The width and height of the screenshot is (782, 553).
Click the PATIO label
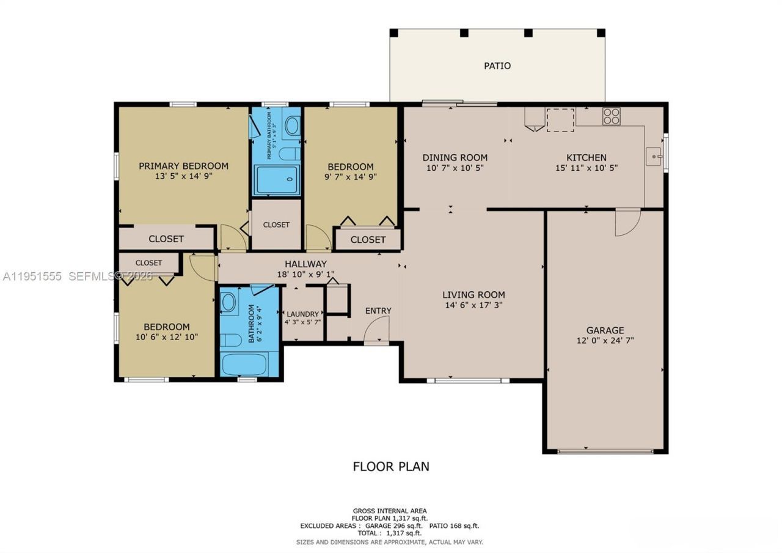click(x=497, y=65)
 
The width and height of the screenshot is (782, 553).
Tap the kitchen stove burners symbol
click(x=611, y=116)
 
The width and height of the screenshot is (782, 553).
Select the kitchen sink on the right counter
click(x=654, y=157)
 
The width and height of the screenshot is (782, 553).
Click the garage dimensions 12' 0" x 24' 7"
click(x=605, y=341)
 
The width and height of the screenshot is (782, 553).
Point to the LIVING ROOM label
click(x=473, y=294)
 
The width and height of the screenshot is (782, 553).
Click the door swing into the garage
click(x=627, y=222)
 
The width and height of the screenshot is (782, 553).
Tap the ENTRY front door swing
click(x=375, y=333)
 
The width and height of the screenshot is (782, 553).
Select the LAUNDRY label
click(x=302, y=314)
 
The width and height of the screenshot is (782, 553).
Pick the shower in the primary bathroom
click(x=276, y=179)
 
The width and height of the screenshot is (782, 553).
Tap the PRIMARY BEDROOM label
click(x=183, y=166)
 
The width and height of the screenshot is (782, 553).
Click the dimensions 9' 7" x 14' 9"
click(x=350, y=176)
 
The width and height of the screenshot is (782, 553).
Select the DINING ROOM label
click(x=455, y=157)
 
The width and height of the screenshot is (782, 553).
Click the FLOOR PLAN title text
click(x=391, y=466)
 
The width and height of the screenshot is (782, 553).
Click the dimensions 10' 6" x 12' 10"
click(x=167, y=336)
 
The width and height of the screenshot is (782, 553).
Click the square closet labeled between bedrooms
click(x=276, y=225)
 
